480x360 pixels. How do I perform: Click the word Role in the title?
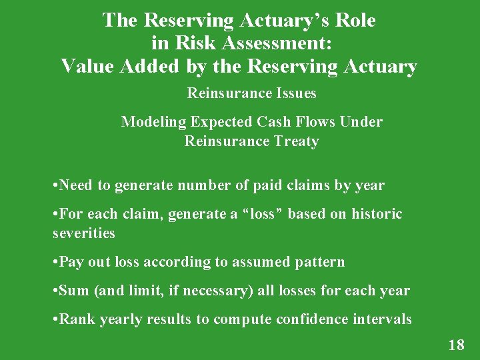tap(353, 20)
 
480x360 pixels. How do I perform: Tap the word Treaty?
tap(296, 141)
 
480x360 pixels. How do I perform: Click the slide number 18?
tap(456, 345)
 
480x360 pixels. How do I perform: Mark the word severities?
tap(84, 233)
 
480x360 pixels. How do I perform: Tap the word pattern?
tap(319, 262)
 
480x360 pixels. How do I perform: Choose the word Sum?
tap(74, 291)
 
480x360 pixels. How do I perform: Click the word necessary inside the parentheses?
tap(217, 291)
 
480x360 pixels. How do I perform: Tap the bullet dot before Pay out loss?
tap(55, 262)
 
